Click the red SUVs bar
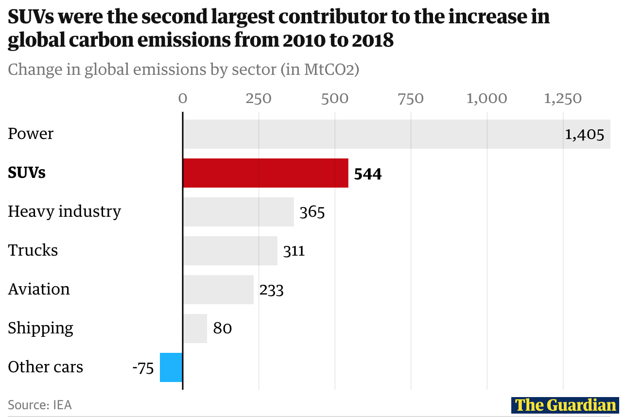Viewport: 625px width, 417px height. [x=265, y=173]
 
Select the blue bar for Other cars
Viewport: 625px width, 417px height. [x=171, y=367]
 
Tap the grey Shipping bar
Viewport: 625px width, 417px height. [x=195, y=329]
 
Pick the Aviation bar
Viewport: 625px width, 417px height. [x=218, y=290]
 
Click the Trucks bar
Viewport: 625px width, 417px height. [x=230, y=251]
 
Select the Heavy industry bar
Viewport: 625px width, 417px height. [x=238, y=212]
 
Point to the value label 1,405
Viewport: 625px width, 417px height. [x=584, y=135]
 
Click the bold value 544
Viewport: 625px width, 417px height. [x=368, y=174]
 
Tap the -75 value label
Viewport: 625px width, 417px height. [x=143, y=368]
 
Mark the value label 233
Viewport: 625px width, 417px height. [x=271, y=290]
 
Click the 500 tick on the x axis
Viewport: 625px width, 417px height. [x=335, y=99]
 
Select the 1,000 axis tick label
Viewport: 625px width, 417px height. [x=486, y=99]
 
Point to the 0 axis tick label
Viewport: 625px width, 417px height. [x=183, y=99]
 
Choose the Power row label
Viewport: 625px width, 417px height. [x=31, y=134]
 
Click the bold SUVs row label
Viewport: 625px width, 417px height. [x=27, y=173]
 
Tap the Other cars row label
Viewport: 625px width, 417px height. [x=45, y=367]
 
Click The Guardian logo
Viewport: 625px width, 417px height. [x=565, y=405]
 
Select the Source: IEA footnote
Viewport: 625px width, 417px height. [x=40, y=405]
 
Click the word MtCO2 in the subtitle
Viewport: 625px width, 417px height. [x=326, y=69]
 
